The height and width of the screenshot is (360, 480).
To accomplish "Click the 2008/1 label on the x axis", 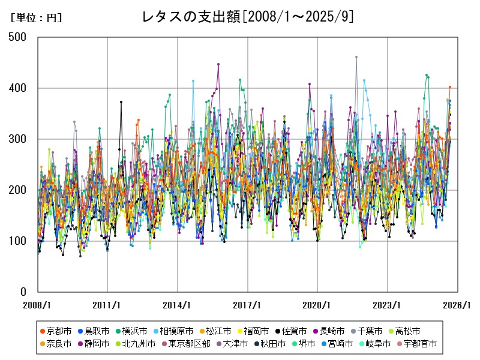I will pyautogui.click(x=38, y=305).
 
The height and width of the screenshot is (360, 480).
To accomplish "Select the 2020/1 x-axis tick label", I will pyautogui.click(x=318, y=305).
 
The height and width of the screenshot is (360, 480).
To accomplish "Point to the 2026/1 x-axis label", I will pyautogui.click(x=458, y=305).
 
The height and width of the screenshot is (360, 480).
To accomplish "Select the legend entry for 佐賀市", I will pyautogui.click(x=293, y=331).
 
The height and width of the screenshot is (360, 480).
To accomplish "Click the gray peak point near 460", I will pyautogui.click(x=356, y=57).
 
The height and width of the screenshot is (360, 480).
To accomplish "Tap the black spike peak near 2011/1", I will pyautogui.click(x=121, y=102).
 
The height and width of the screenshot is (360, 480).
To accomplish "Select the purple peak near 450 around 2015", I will pyautogui.click(x=218, y=64).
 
